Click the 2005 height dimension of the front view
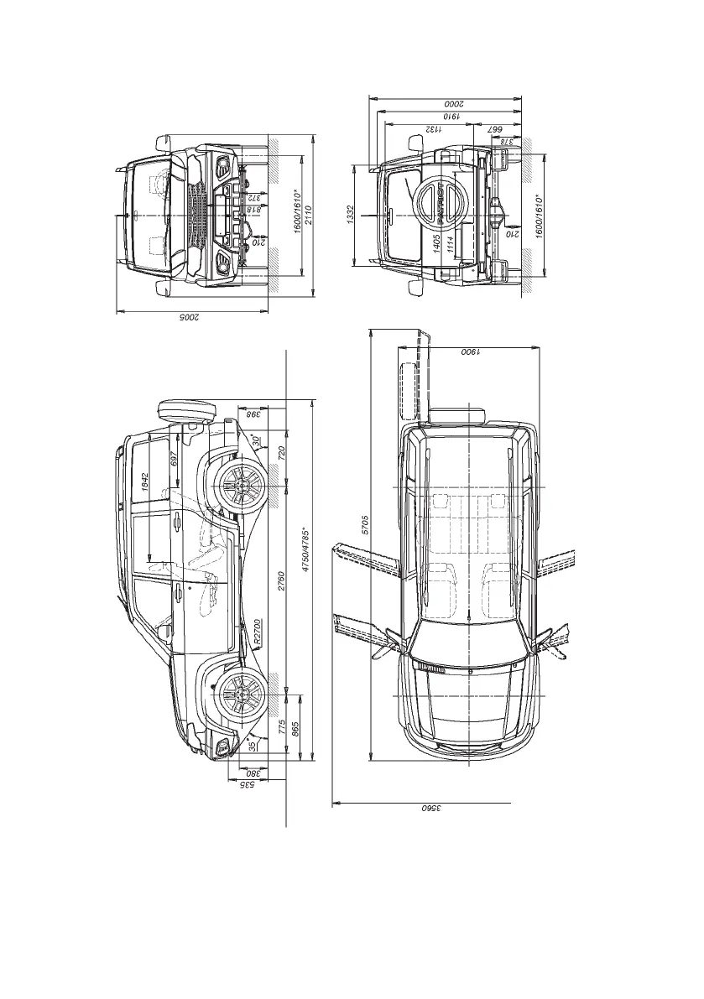pyautogui.click(x=191, y=319)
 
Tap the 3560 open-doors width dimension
pyautogui.click(x=430, y=810)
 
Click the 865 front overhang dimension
pyautogui.click(x=294, y=726)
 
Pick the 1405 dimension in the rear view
pyautogui.click(x=436, y=245)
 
